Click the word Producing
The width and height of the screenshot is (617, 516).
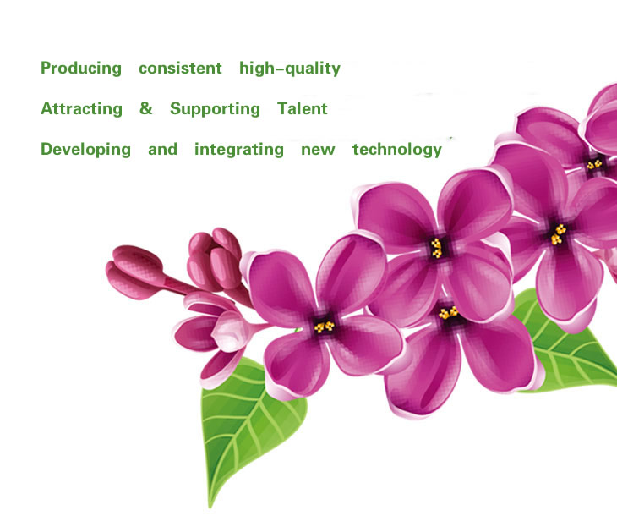click(81, 69)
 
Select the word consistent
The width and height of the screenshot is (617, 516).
click(180, 69)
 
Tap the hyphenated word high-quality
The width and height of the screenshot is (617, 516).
click(290, 69)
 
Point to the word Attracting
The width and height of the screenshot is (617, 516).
click(81, 109)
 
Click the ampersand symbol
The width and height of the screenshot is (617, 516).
click(146, 108)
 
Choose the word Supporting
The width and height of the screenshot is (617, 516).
click(215, 109)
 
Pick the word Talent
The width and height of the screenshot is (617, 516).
click(303, 108)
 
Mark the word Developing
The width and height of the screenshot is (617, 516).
click(85, 150)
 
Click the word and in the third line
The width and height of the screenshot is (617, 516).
click(162, 149)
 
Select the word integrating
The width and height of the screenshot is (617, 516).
click(239, 150)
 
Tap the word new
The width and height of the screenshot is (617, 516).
click(318, 151)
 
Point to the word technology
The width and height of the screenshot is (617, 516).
click(397, 150)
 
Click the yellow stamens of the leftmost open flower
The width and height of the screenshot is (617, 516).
click(324, 327)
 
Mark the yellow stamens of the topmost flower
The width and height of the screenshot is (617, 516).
click(594, 164)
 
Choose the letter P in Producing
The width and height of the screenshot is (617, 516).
click(46, 68)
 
